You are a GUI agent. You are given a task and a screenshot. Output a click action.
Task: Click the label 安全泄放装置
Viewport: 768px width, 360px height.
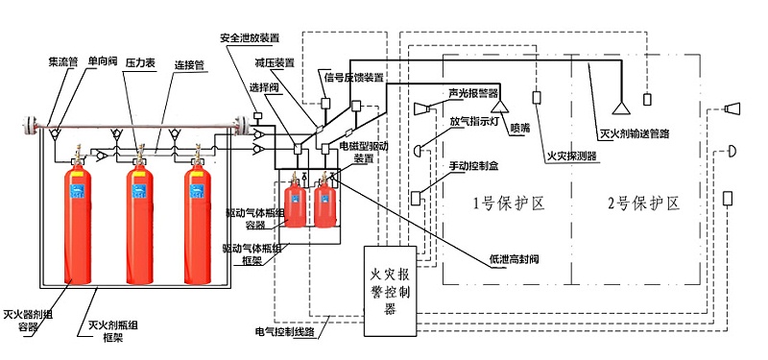coord(250,38)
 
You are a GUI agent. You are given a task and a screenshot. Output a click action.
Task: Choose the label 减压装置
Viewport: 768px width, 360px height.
coord(274,63)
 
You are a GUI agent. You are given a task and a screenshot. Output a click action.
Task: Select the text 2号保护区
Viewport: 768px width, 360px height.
coord(643,204)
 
